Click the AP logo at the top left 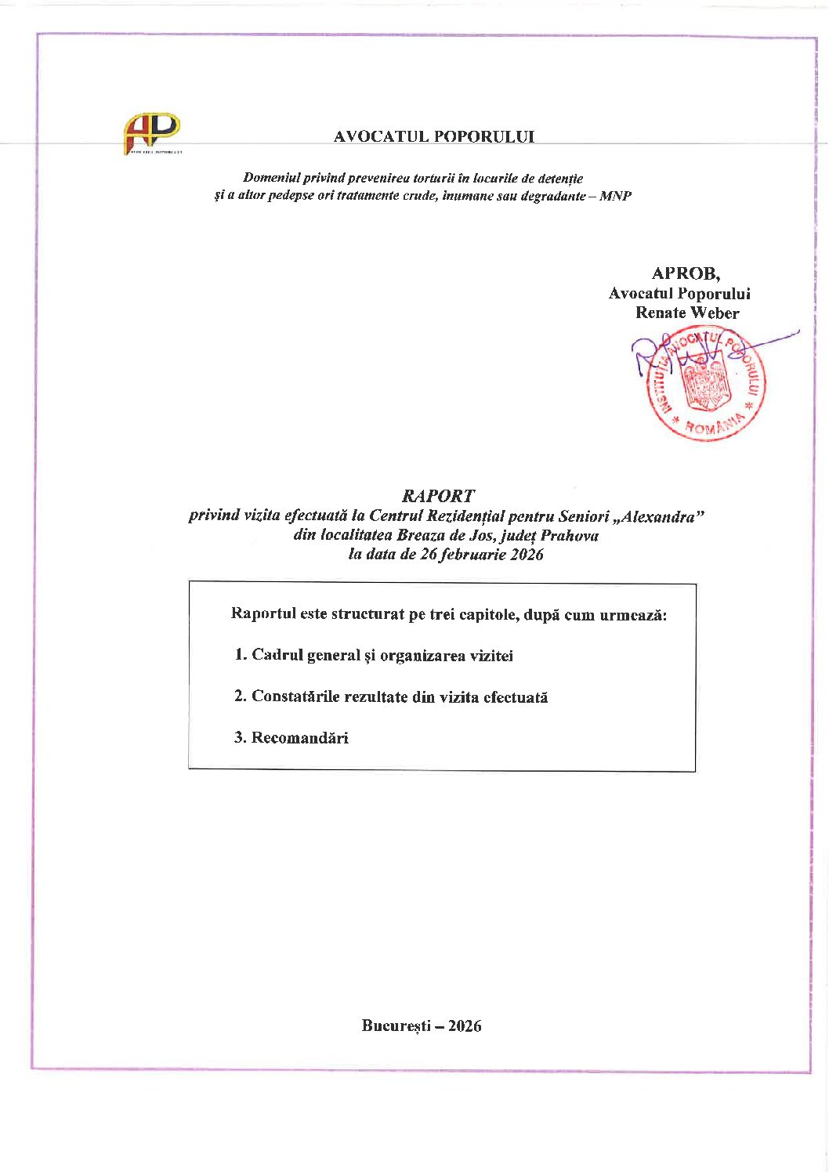click(x=152, y=133)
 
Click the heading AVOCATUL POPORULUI click(x=433, y=136)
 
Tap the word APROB click(x=686, y=273)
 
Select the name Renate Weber click(x=687, y=313)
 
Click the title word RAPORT click(x=438, y=496)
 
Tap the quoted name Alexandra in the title click(x=658, y=516)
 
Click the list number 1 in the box click(x=240, y=655)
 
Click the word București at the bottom click(x=396, y=1025)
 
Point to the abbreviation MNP click(x=615, y=196)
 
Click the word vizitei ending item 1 click(x=491, y=656)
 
